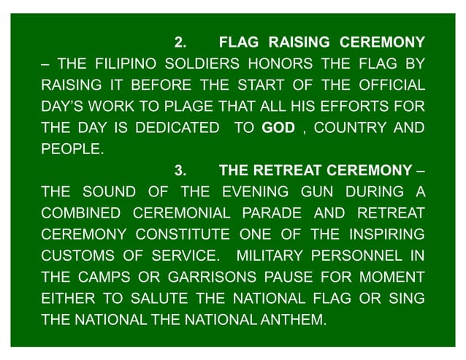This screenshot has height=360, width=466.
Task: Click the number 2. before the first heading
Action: (181, 41)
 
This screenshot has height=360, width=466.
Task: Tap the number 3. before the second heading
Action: (181, 172)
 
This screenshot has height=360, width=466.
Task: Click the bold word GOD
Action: (278, 128)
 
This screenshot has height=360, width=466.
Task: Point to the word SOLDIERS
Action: (199, 63)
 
